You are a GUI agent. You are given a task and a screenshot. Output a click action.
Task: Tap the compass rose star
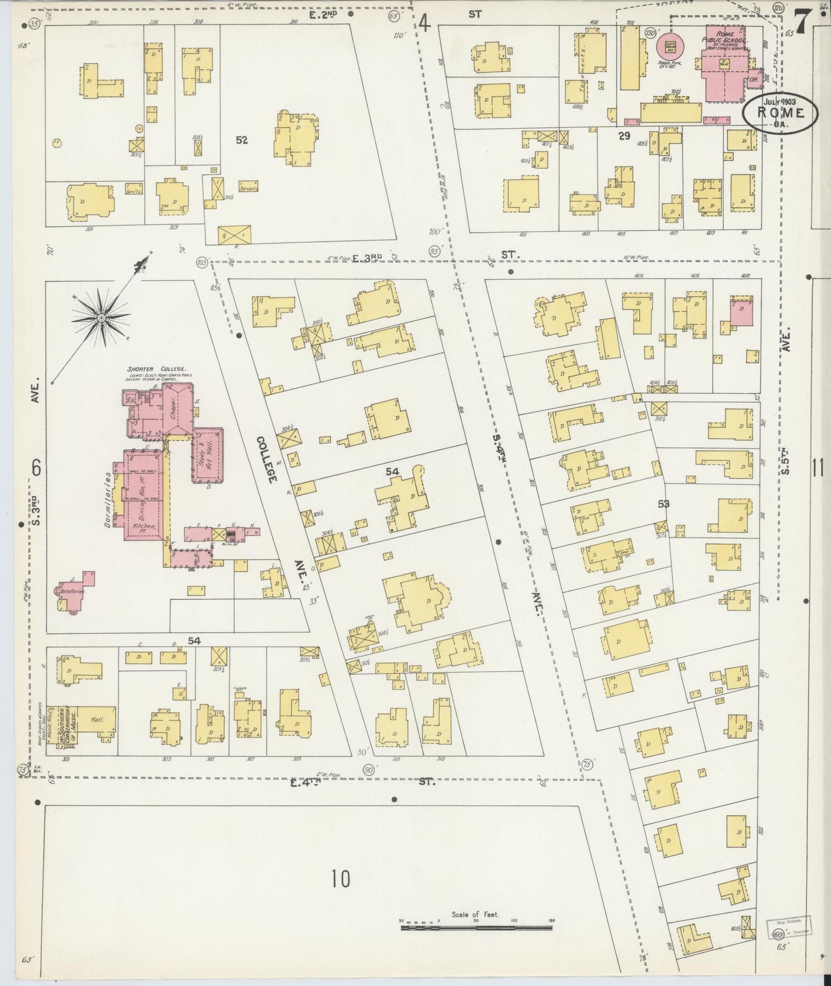tap(101, 317)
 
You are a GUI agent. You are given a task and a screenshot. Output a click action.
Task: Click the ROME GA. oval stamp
tap(780, 113)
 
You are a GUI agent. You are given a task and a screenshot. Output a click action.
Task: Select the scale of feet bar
tap(476, 927)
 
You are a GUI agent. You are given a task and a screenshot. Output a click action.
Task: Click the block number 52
tap(242, 140)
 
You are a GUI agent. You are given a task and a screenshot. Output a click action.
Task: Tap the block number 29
tap(625, 136)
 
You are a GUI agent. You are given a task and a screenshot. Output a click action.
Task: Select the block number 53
tap(664, 504)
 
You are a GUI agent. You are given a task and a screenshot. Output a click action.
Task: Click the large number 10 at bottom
tap(340, 878)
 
